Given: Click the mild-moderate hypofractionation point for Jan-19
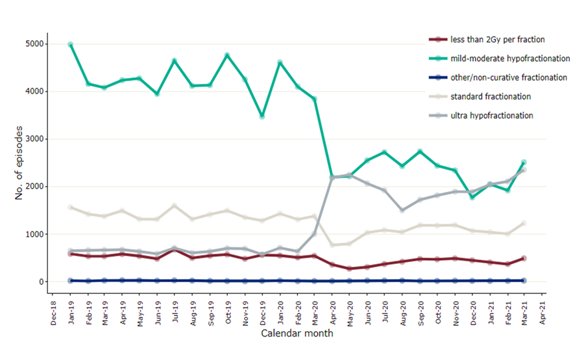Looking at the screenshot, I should [x=70, y=45].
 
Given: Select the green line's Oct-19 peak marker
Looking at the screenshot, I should [x=227, y=55].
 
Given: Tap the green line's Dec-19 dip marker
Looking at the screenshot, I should [x=262, y=117].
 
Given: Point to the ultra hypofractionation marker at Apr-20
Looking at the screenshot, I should [x=332, y=177].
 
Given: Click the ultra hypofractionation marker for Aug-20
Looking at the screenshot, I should [x=402, y=210].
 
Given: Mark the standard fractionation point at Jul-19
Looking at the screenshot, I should [x=175, y=206].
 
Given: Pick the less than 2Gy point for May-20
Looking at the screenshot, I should [x=350, y=269].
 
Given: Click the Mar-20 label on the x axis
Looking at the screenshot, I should [x=315, y=312].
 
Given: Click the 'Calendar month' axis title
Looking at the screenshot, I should [x=297, y=333].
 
